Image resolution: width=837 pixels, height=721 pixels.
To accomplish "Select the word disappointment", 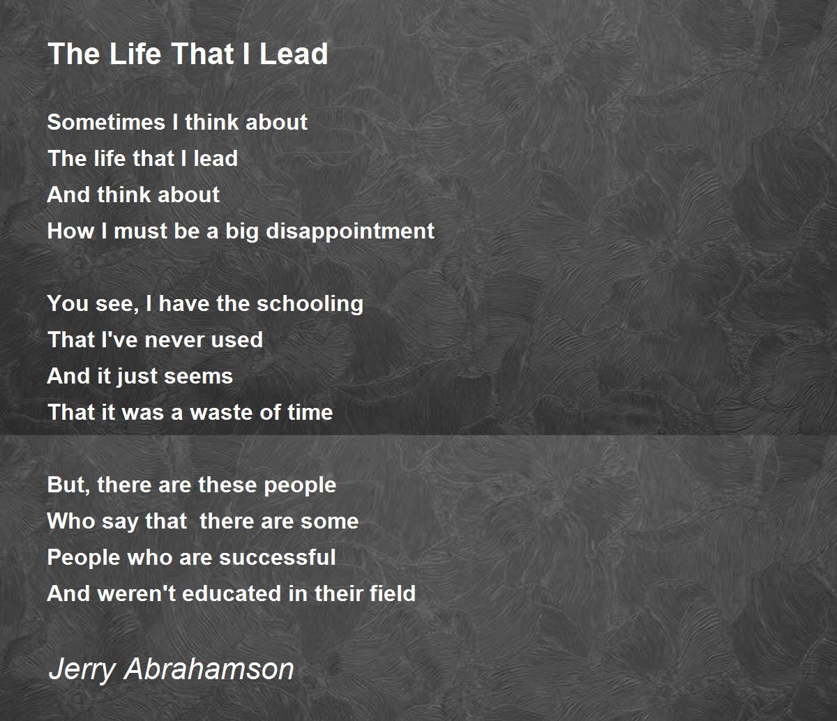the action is point(350,232).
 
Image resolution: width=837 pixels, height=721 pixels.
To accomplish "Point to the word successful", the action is point(278,557).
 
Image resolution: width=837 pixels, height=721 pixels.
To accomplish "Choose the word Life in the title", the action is point(135,54).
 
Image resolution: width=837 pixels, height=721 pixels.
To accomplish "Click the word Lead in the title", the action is point(294,54).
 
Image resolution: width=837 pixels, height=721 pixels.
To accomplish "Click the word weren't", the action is point(137,593).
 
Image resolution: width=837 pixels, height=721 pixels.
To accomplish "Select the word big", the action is point(242,232).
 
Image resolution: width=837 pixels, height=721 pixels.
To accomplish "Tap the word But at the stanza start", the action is point(68,485).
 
